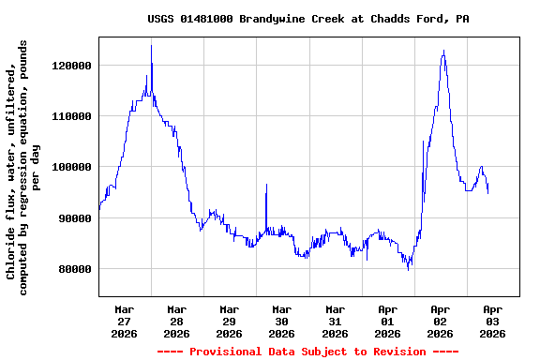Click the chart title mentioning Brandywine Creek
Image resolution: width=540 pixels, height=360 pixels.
[x=308, y=19]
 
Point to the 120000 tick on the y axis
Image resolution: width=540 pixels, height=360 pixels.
[x=71, y=66]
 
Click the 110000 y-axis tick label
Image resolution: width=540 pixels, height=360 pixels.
[x=71, y=116]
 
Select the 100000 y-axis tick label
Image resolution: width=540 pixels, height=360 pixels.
[x=71, y=167]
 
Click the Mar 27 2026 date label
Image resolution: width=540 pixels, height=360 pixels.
[x=124, y=321]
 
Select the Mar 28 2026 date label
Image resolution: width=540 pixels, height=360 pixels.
[x=176, y=321]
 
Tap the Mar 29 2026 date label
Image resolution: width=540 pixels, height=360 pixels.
[x=229, y=321]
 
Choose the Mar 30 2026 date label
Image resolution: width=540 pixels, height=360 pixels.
[x=281, y=321]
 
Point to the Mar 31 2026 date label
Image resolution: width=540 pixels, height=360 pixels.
[x=335, y=321]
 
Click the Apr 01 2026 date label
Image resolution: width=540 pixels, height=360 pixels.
[x=387, y=321]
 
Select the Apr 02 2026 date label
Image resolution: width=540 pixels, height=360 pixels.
[x=440, y=321]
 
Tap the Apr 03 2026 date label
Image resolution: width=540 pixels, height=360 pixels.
[x=492, y=321]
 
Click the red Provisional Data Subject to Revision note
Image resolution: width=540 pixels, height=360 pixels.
[x=308, y=352]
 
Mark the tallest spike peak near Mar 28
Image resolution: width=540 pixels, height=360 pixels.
[x=151, y=45]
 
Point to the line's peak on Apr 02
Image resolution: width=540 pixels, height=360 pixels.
[x=443, y=51]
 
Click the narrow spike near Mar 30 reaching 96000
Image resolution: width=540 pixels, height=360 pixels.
[x=266, y=185]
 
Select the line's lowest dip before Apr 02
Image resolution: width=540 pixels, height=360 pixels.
[x=408, y=270]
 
